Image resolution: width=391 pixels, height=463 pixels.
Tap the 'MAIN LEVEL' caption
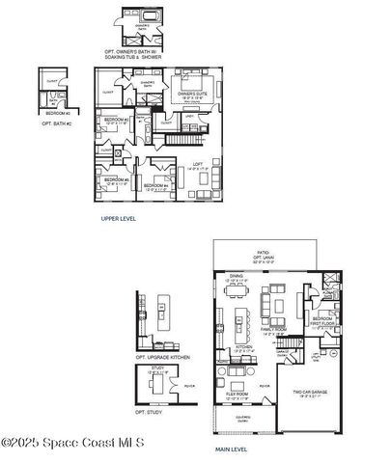[232, 449]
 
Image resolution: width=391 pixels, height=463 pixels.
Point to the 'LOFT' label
[197, 164]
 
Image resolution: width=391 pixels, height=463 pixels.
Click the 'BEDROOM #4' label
[154, 186]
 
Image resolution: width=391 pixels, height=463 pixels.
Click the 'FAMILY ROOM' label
[274, 329]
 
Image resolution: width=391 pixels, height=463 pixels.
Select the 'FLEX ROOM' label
[237, 395]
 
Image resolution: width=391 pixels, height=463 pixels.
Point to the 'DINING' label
[236, 276]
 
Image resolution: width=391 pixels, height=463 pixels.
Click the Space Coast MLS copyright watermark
[72, 443]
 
